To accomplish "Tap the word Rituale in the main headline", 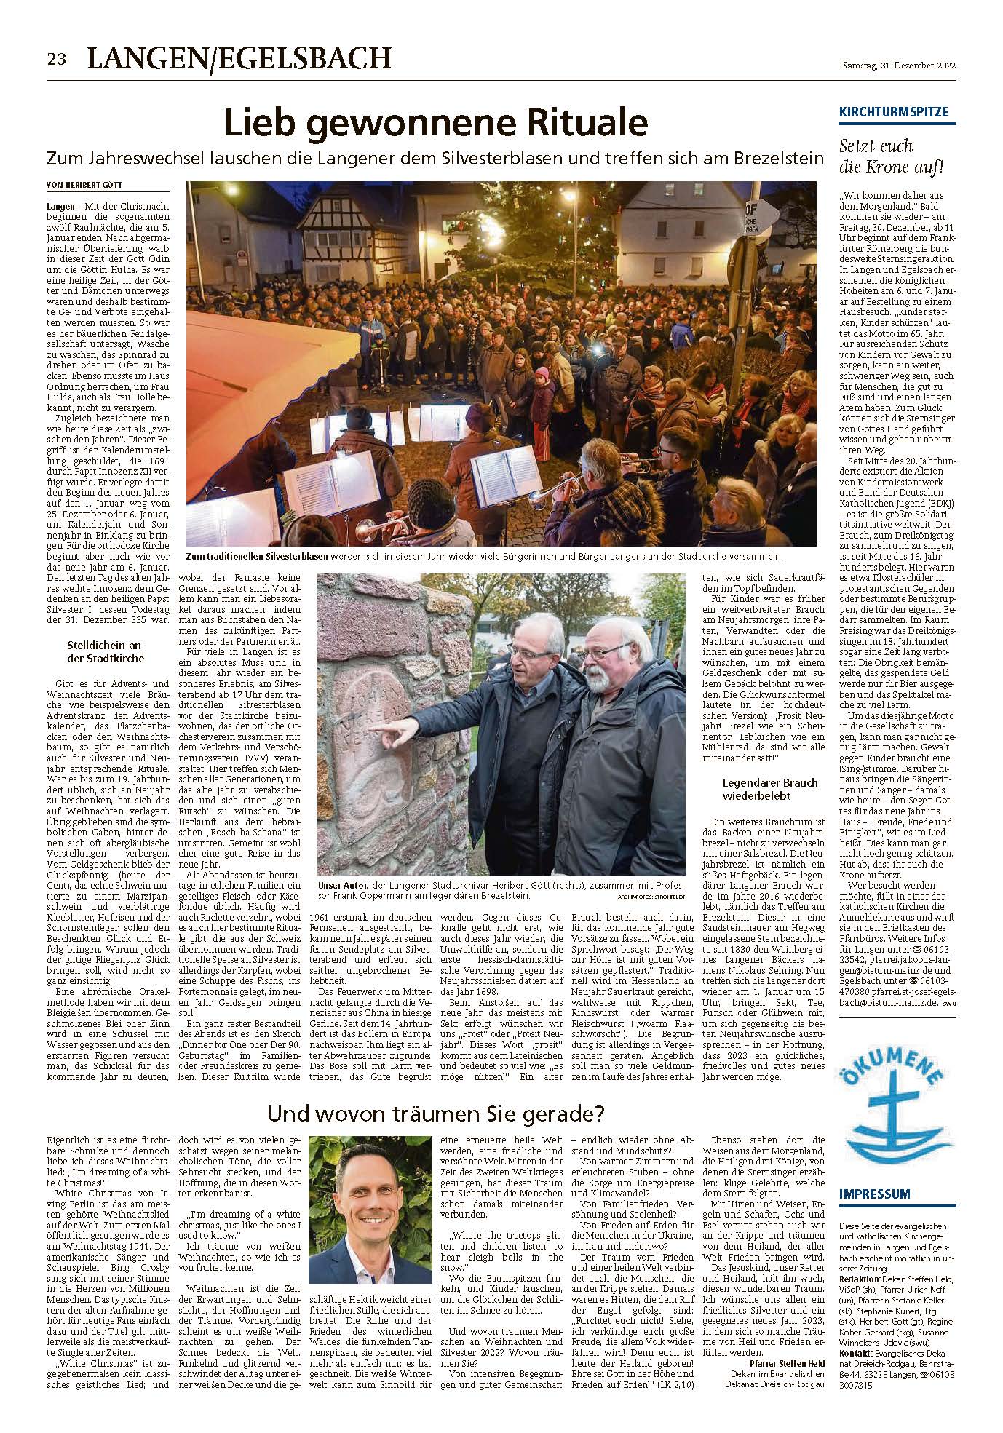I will tap(574, 122).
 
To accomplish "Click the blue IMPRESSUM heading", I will tap(874, 1194).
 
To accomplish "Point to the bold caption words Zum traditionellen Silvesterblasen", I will tap(256, 557).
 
